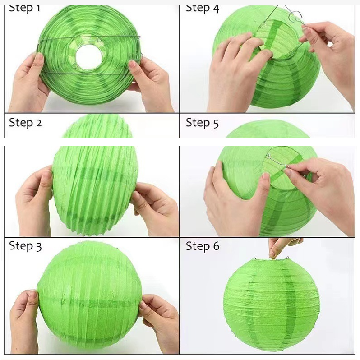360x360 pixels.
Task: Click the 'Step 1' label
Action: coord(24,8)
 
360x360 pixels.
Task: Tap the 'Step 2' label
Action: coord(25,123)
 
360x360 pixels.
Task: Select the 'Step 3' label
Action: coord(25,246)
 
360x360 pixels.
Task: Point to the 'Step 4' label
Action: coord(203,8)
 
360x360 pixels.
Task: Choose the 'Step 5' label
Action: coord(202,123)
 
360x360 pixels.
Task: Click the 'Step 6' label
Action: coord(203,246)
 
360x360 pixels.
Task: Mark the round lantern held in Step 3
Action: coord(89,297)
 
